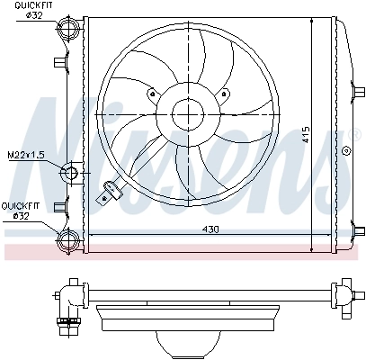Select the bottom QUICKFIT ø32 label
tap(20, 210)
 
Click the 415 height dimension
tap(307, 135)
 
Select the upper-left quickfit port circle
tap(67, 32)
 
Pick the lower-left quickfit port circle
tap(67, 238)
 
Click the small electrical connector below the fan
tap(112, 190)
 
